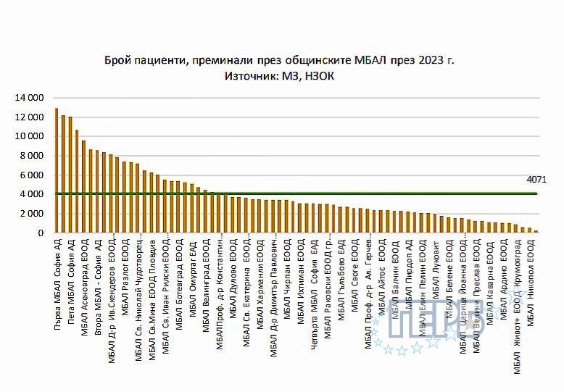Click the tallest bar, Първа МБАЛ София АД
coord(57,171)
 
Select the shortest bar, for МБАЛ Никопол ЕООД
coord(536,232)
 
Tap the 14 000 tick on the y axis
coord(30,98)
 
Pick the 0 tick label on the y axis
coord(42,233)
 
